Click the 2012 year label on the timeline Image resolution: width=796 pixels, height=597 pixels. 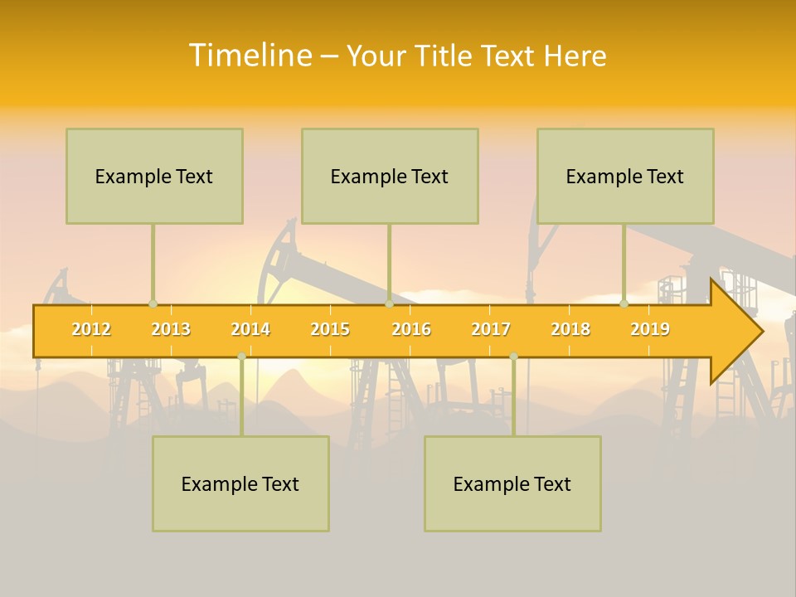pos(91,329)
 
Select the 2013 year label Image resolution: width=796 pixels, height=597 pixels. pos(171,329)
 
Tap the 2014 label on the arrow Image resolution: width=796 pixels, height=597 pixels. pos(250,329)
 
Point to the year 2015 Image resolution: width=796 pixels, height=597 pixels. pos(330,329)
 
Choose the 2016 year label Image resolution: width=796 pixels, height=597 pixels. pos(411,329)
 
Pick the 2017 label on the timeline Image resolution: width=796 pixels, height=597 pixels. pos(491,329)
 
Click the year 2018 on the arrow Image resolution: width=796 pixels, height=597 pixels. pos(570,329)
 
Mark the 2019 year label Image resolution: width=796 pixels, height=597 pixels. pos(650,329)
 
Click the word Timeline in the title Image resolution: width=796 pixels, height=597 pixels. pos(249,56)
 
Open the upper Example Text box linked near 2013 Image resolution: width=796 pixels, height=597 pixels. pos(154,176)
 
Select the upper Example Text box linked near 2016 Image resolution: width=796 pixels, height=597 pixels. pos(390,176)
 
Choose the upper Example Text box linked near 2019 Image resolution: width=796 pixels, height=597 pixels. pos(625,176)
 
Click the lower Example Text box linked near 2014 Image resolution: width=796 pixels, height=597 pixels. pos(240,483)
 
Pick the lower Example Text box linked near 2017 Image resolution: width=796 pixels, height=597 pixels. pos(512,483)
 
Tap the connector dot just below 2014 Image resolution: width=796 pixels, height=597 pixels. pos(241,356)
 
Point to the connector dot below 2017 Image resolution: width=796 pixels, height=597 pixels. pos(513,356)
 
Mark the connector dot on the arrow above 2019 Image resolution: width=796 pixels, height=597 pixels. pos(624,303)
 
